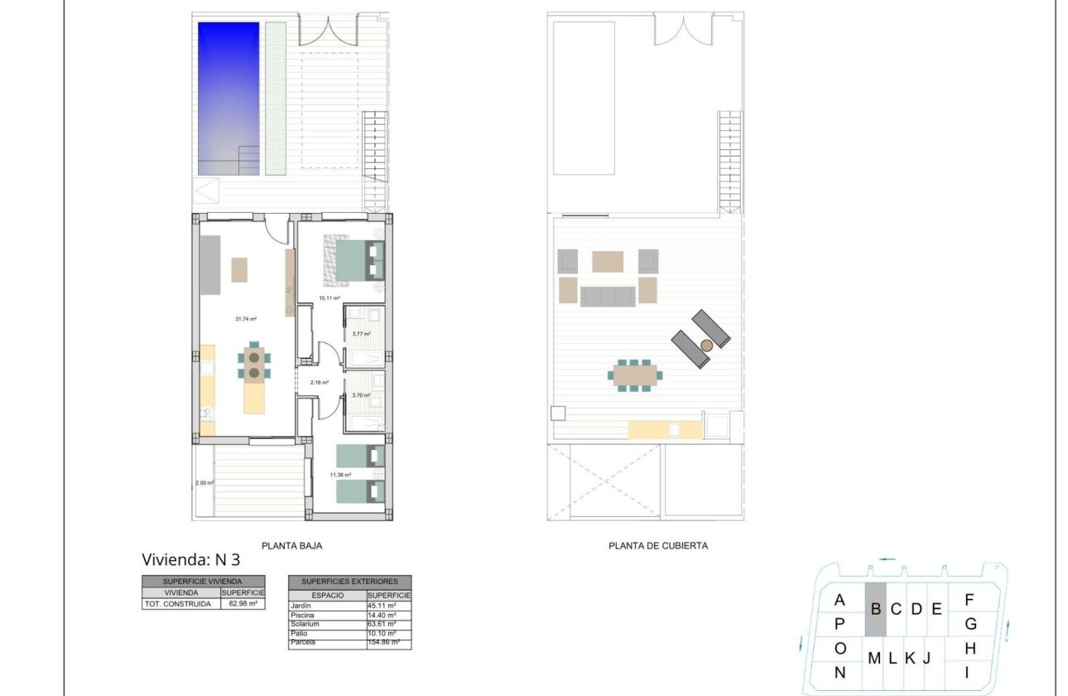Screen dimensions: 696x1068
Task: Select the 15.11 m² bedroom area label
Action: coord(330,298)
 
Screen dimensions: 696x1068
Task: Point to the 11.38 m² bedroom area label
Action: coord(340,475)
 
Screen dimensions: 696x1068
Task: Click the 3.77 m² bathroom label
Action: coord(362,334)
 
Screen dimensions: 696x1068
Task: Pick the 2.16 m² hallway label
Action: coord(320,383)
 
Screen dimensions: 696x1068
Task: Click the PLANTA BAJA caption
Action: coord(291,546)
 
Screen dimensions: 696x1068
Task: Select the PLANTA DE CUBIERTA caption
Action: coord(658,546)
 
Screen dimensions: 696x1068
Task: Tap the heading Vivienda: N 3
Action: coord(191,559)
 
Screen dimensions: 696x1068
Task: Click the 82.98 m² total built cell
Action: coord(242,604)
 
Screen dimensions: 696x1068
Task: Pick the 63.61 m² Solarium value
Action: coord(383,624)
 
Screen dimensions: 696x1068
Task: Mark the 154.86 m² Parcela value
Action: coord(384,642)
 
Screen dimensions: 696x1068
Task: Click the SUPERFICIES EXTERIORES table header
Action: coord(349,582)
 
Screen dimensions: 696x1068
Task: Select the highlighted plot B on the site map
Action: coord(875,609)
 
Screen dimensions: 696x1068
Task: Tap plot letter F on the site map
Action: coord(969,599)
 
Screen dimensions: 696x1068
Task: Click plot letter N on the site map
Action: coord(839,673)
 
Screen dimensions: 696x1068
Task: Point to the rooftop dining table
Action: coord(635,375)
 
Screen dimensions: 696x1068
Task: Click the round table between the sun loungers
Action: coord(706,345)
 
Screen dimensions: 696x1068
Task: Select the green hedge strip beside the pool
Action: coord(276,98)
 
